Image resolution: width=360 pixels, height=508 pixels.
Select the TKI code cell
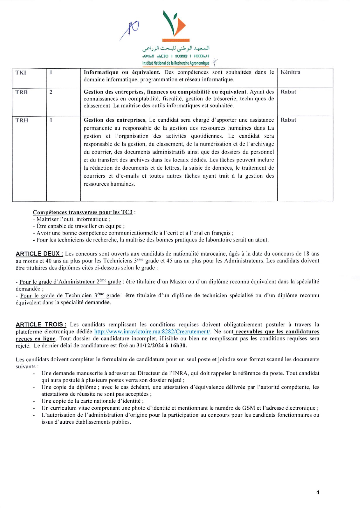[x=21, y=73]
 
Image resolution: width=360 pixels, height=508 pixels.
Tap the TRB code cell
[x=22, y=92]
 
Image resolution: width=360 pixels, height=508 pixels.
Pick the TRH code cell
[x=22, y=120]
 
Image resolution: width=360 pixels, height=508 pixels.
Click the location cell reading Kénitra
[x=290, y=72]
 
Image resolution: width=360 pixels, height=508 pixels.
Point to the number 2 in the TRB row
[x=51, y=92]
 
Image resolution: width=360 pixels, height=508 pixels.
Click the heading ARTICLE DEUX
[x=39, y=254]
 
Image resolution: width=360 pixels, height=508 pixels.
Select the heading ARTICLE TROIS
[x=41, y=324]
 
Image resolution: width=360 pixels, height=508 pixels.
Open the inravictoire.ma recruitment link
[x=152, y=332]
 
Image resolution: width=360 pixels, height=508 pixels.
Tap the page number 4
[x=317, y=492]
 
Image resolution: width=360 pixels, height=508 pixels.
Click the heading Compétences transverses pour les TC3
[x=83, y=212]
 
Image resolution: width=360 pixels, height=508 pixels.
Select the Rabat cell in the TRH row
[x=288, y=120]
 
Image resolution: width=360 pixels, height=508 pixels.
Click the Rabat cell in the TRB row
[x=288, y=92]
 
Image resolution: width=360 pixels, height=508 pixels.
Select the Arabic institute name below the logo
[x=176, y=48]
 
